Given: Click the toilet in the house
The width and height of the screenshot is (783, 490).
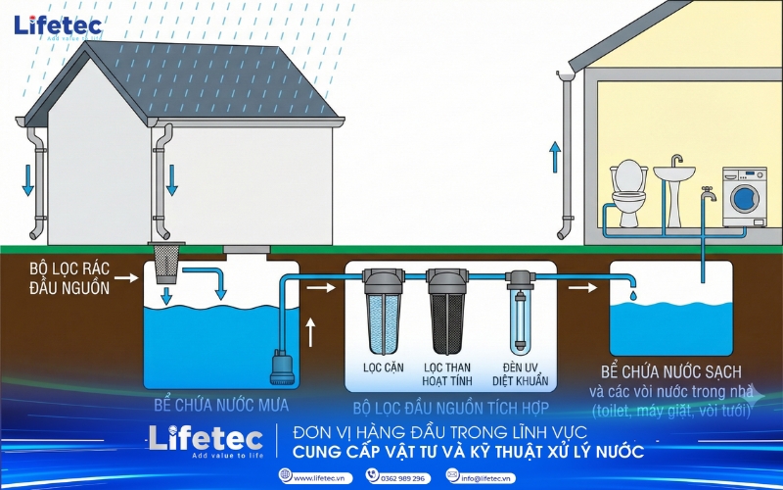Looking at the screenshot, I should (x=628, y=191).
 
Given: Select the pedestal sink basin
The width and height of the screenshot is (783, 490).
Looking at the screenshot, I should (x=674, y=176).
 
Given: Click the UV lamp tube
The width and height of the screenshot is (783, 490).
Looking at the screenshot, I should (x=518, y=314).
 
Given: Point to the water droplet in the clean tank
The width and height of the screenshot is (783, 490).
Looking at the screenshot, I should (x=632, y=293).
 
